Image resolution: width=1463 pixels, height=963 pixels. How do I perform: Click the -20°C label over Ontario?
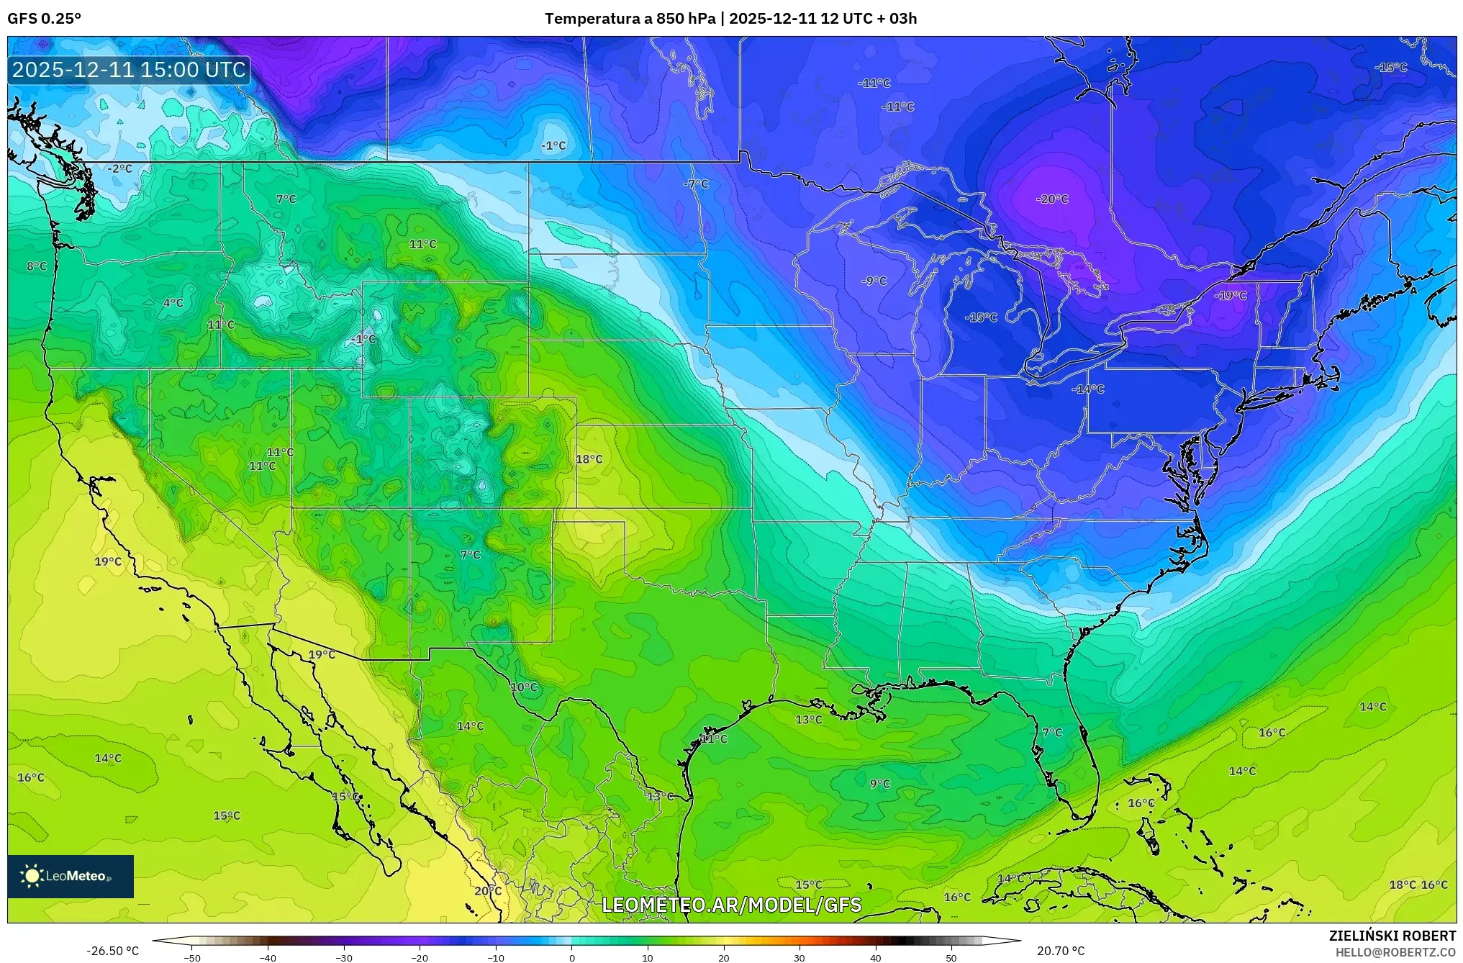[1052, 199]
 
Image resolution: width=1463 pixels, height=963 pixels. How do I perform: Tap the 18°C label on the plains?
[589, 459]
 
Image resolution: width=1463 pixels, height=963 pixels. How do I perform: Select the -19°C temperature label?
[1230, 296]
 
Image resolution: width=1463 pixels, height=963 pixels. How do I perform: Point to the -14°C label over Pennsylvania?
[1087, 389]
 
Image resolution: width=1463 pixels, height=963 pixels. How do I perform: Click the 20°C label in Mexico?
[487, 891]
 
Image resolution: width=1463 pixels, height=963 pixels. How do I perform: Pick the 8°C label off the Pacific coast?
[37, 266]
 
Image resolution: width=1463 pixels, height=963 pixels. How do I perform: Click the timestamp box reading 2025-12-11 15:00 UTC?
[129, 70]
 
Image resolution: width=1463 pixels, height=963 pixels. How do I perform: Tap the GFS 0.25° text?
[44, 19]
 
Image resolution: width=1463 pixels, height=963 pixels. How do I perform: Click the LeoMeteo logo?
[71, 876]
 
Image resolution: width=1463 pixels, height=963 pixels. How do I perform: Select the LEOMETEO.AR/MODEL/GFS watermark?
[731, 905]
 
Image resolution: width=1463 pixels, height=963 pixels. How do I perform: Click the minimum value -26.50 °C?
[112, 951]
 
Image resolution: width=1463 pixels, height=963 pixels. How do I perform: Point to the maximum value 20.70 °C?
[1060, 951]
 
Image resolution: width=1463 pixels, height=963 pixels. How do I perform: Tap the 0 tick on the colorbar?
[572, 958]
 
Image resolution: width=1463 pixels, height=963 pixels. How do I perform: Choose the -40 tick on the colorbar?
[268, 958]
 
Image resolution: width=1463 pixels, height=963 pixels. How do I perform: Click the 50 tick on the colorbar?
[951, 958]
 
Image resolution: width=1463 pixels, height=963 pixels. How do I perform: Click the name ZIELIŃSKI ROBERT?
[1392, 936]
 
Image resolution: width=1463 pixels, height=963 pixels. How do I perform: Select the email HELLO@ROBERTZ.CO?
[1395, 952]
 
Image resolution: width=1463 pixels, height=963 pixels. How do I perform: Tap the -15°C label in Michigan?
[981, 317]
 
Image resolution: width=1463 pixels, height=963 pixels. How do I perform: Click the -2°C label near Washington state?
[120, 168]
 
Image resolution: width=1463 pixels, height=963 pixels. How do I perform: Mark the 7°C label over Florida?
[1052, 733]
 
